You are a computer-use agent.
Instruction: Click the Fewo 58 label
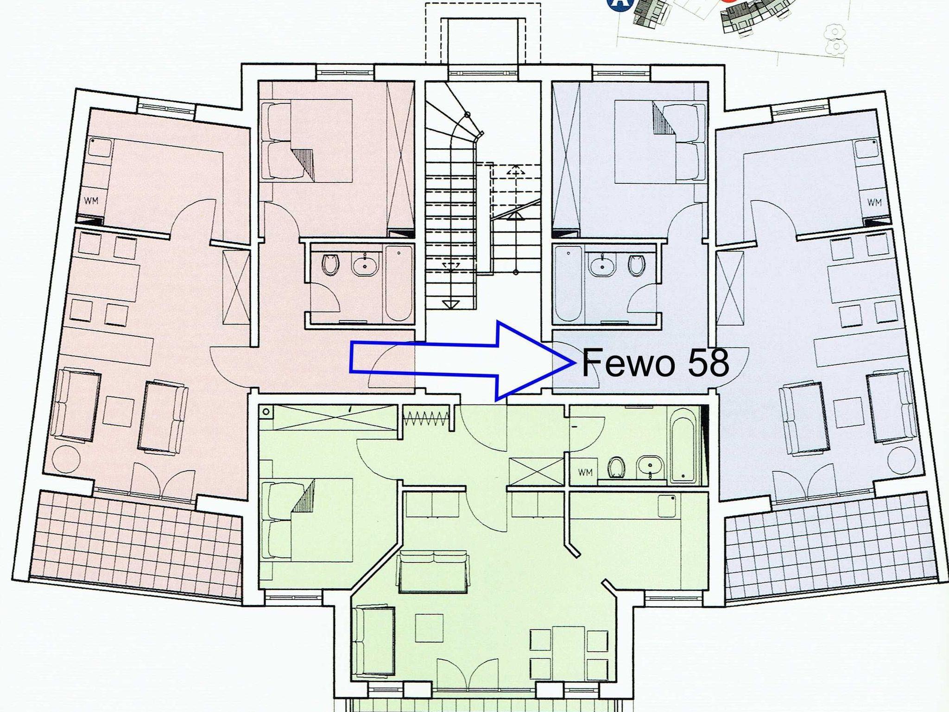(655, 362)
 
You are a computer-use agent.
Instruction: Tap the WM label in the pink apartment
(91, 201)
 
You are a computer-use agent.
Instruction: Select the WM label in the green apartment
(585, 473)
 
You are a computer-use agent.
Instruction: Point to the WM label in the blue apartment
(874, 202)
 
